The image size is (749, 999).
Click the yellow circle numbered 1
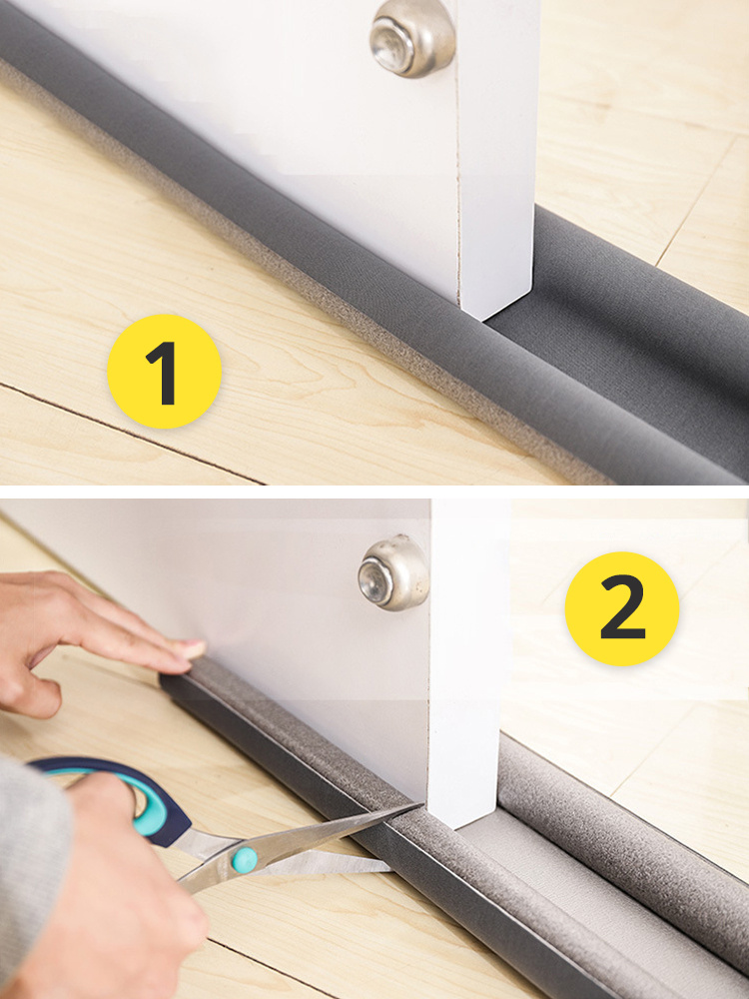164,372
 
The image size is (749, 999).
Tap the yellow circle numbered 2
621,608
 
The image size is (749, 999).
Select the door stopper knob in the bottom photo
392,572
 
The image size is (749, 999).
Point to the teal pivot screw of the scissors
245,859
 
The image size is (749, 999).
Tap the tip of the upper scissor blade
421,804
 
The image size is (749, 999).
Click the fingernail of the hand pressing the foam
193,649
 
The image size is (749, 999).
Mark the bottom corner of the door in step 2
453,829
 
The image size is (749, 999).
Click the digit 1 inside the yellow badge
164,373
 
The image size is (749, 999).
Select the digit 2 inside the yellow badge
622,606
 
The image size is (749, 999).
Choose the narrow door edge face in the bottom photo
468,662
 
